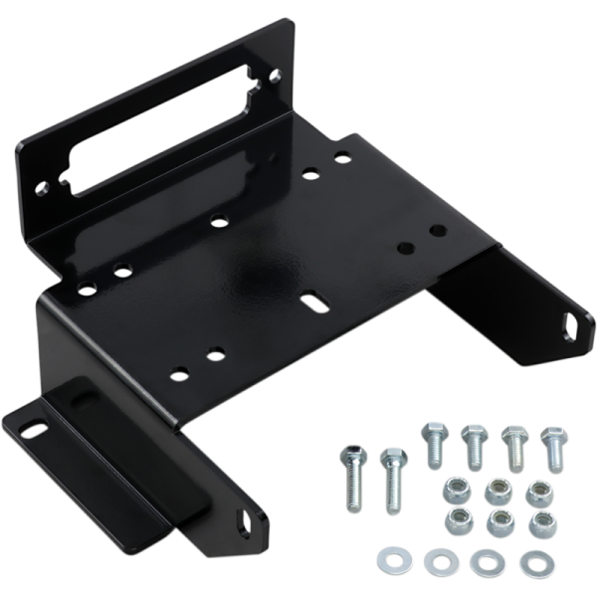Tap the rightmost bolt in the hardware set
tap(552, 448)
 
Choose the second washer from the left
tap(437, 562)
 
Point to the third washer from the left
tap(487, 562)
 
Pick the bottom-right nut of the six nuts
tap(541, 524)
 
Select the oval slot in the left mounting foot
tap(33, 431)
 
